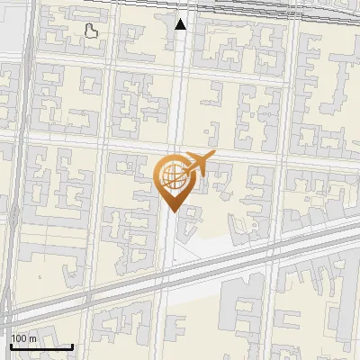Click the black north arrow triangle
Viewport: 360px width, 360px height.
(181, 24)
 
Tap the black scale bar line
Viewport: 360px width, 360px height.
(41, 346)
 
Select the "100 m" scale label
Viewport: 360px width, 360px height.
(24, 338)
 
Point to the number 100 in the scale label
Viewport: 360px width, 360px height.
(20, 338)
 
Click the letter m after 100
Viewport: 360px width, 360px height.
(32, 338)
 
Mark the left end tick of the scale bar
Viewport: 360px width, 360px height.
(11, 344)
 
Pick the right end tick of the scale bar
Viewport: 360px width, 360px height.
(72, 344)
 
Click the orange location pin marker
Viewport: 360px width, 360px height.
(174, 181)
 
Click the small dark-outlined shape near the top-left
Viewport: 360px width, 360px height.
(91, 32)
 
